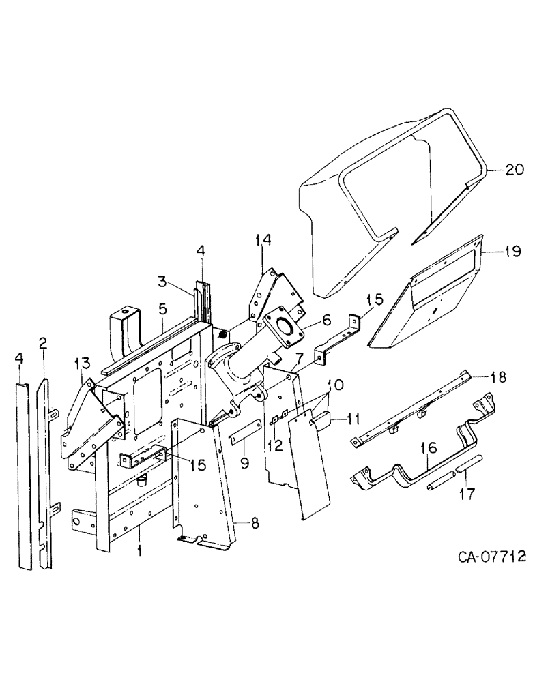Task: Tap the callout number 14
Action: pos(263,240)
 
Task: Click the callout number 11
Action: pos(334,417)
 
